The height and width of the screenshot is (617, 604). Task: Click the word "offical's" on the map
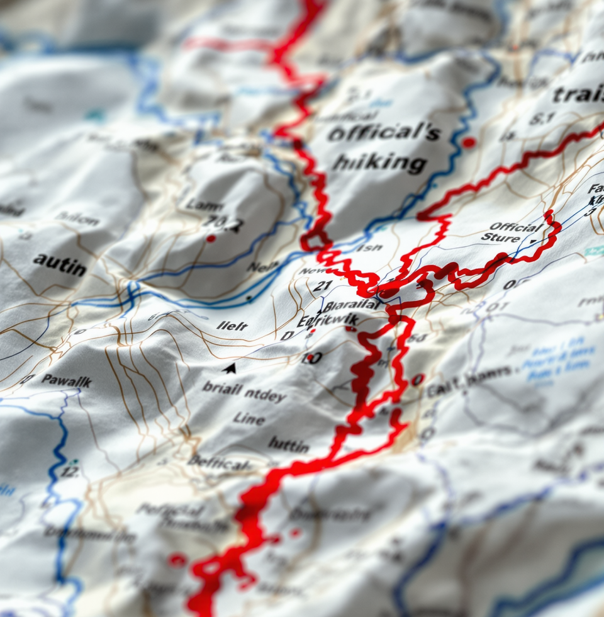pyautogui.click(x=384, y=133)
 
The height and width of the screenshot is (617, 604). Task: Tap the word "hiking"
pyautogui.click(x=379, y=162)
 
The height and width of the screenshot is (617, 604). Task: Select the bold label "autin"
pyautogui.click(x=60, y=264)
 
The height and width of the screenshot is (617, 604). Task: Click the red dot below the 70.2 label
pyautogui.click(x=211, y=239)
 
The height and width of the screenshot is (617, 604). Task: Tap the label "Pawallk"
pyautogui.click(x=66, y=381)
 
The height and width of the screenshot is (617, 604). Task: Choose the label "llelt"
pyautogui.click(x=232, y=325)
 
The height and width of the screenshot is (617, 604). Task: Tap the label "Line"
pyautogui.click(x=249, y=418)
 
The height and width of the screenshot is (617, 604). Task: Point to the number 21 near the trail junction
pyautogui.click(x=322, y=286)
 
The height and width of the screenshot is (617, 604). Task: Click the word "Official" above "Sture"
pyautogui.click(x=516, y=227)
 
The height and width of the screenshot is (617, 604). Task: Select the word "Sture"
pyautogui.click(x=501, y=237)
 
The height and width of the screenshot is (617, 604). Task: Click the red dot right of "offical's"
pyautogui.click(x=468, y=143)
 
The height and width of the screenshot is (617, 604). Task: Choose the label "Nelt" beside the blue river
pyautogui.click(x=262, y=266)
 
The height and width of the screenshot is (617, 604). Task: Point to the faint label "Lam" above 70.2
pyautogui.click(x=204, y=205)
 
